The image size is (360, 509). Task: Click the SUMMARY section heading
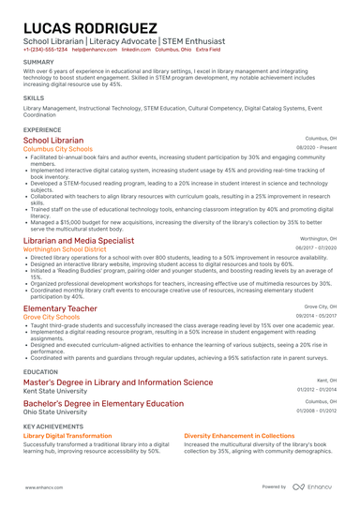[x=38, y=62]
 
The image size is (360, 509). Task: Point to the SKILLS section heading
[x=33, y=97]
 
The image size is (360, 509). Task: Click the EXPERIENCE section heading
[x=42, y=129]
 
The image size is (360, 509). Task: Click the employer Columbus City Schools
[x=57, y=149]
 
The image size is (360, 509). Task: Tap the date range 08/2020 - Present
[x=317, y=148]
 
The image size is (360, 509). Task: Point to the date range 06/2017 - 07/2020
[x=316, y=249]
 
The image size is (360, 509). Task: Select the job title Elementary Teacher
[x=59, y=308]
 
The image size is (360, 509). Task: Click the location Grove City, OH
[x=320, y=307]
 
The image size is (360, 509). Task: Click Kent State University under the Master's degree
[x=54, y=391]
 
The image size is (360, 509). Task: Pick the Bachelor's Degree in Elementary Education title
[x=103, y=403]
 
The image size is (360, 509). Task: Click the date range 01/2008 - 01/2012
[x=317, y=411]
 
